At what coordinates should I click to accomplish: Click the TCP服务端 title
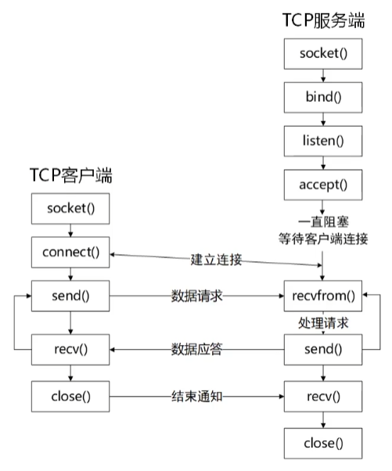click(x=323, y=21)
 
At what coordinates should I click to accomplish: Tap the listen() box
click(x=323, y=142)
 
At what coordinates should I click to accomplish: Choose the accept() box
click(x=323, y=185)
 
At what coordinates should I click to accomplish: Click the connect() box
click(x=70, y=253)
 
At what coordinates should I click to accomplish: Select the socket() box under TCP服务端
click(x=323, y=54)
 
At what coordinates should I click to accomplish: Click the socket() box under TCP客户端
click(x=70, y=209)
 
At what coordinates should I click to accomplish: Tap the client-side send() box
click(x=70, y=296)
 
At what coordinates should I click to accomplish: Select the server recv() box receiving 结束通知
click(x=323, y=395)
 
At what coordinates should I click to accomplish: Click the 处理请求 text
click(x=323, y=322)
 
